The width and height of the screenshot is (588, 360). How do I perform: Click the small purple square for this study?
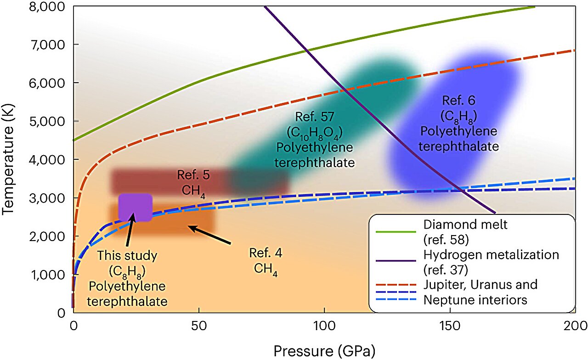(135, 207)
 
